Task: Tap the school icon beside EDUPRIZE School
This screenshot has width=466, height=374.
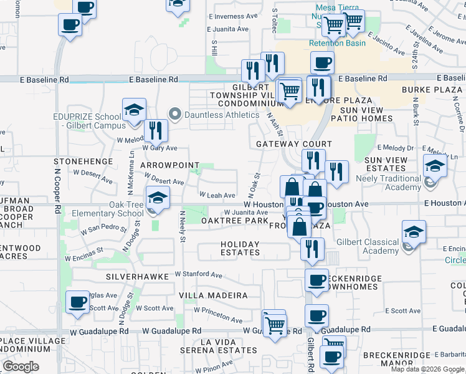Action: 133,110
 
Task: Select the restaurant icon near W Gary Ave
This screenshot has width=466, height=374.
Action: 156,130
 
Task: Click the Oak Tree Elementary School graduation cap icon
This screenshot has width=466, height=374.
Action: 158,198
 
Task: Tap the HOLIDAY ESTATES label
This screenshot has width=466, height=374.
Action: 240,248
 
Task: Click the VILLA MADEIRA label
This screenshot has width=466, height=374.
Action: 213,295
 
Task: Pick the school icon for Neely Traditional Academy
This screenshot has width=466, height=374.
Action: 434,166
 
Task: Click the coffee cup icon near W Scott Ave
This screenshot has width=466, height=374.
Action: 77,302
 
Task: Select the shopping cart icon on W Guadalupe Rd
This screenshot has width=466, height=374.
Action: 274,323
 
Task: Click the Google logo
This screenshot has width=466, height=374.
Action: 21,367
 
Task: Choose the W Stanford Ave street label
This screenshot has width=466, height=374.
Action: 198,274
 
